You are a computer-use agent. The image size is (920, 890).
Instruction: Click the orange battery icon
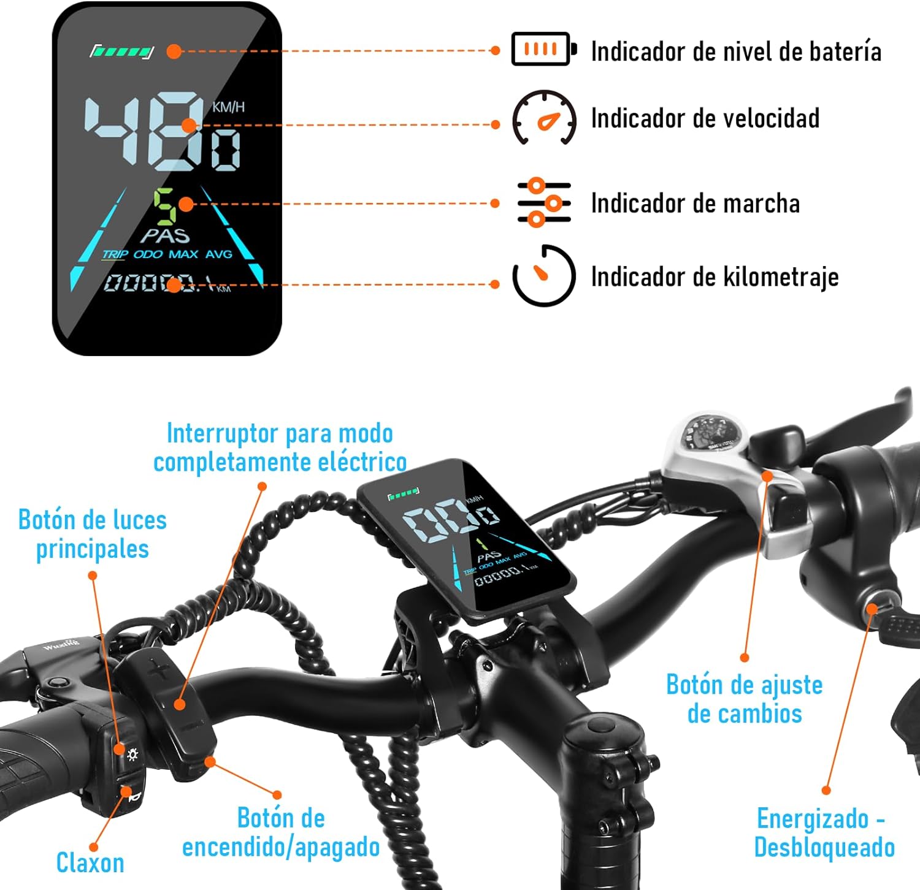pyautogui.click(x=543, y=49)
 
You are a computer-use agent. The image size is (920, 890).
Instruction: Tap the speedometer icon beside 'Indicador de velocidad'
pyautogui.click(x=544, y=118)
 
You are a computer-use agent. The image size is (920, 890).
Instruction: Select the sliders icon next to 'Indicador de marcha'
pyautogui.click(x=544, y=203)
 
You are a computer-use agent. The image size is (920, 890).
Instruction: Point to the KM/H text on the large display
pyautogui.click(x=228, y=107)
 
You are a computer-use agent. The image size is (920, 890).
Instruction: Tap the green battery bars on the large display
pyautogui.click(x=121, y=51)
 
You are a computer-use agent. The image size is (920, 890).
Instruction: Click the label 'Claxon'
pyautogui.click(x=90, y=863)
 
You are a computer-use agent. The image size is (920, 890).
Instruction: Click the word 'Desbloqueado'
pyautogui.click(x=824, y=848)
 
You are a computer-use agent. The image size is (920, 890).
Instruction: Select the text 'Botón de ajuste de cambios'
pyautogui.click(x=744, y=699)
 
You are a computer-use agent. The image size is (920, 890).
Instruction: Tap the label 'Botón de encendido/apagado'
pyautogui.click(x=281, y=833)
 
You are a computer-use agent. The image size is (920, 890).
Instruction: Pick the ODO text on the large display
pyautogui.click(x=148, y=254)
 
